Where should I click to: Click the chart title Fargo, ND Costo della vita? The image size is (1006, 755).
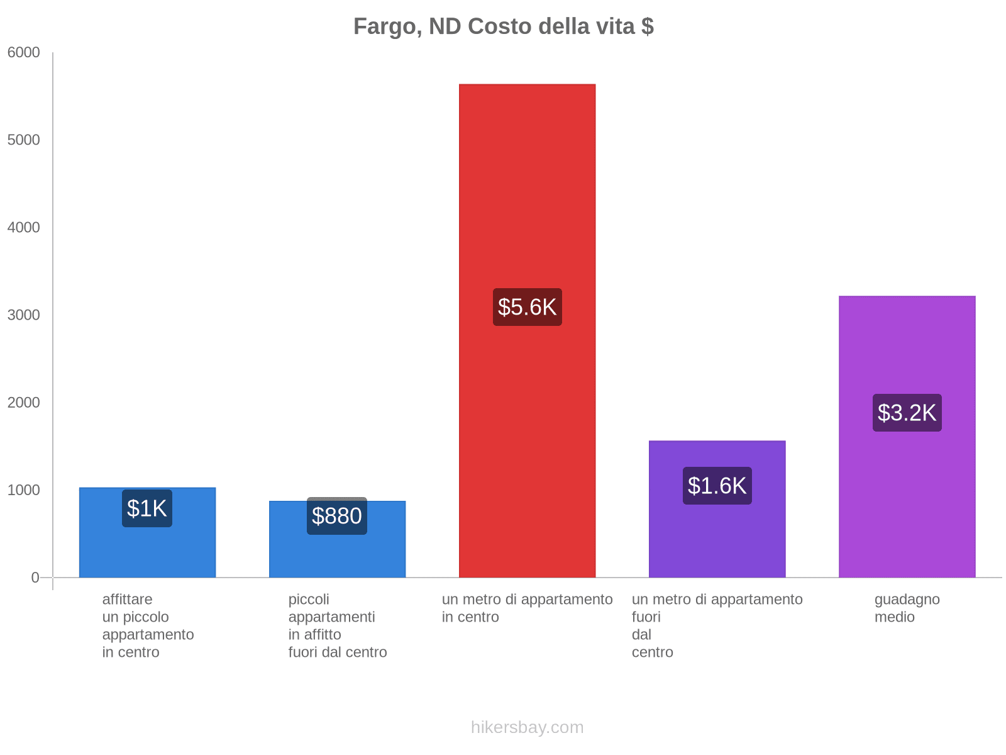point(503,26)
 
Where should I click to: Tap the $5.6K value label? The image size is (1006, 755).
point(527,307)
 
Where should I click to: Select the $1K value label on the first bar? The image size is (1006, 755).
point(146,508)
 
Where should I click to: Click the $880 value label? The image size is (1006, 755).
point(336,516)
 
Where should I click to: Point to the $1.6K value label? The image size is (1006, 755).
point(717,486)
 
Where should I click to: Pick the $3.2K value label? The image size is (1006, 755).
point(907,413)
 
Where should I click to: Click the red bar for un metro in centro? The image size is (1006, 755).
point(527,189)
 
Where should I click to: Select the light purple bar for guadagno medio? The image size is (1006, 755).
point(907,503)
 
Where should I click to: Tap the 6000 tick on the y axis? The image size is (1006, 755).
point(24,53)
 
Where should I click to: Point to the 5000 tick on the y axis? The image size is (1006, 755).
point(24,140)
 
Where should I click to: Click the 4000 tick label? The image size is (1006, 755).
point(24,228)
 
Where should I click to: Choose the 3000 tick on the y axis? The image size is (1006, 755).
point(24,315)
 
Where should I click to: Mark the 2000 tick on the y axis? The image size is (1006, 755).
point(24,403)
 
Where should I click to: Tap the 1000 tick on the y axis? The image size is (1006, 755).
point(24,490)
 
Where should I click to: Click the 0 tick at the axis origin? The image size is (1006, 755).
point(35,578)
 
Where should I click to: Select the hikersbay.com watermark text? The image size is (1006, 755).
point(527,727)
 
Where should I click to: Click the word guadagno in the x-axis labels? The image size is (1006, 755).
point(907,600)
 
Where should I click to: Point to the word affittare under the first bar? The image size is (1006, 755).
point(127,600)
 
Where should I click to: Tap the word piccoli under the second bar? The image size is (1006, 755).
point(309,600)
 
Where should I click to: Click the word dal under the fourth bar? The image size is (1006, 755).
point(641,635)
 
